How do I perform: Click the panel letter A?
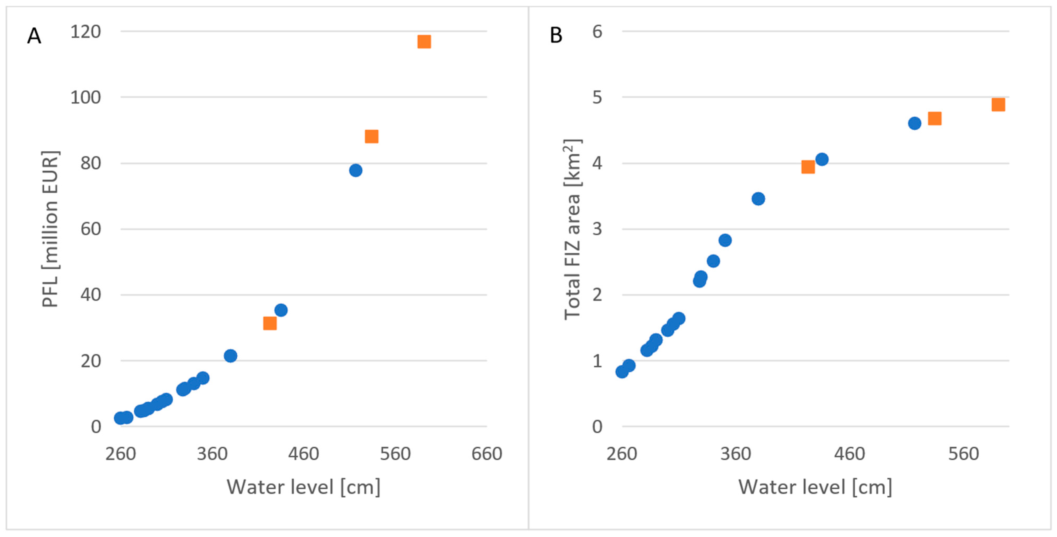(34, 36)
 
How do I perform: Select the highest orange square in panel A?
(424, 41)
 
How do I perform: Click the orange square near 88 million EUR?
(371, 136)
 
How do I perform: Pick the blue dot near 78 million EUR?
(356, 170)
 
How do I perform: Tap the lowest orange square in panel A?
(270, 323)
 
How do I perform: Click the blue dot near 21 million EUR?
(231, 355)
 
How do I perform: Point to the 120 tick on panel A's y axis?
(85, 32)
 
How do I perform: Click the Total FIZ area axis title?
(572, 229)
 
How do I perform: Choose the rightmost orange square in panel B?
(998, 105)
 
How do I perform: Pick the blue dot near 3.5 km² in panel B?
(758, 199)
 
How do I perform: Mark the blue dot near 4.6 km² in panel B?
(915, 123)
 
